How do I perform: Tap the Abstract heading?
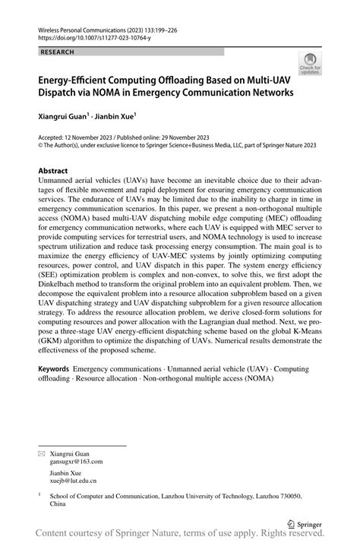pyautogui.click(x=54, y=171)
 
